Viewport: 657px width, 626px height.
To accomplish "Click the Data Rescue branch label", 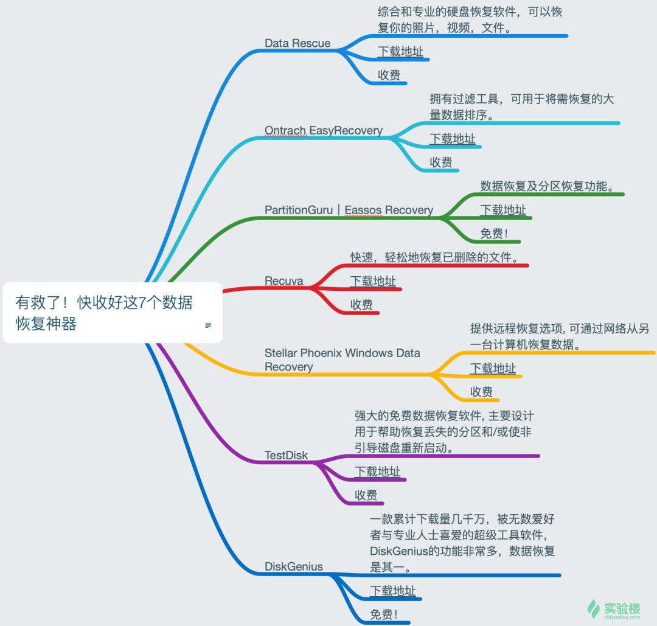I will click(297, 43).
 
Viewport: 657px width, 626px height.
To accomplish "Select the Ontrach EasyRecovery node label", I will click(323, 130).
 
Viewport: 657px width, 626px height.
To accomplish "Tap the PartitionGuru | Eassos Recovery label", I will click(349, 210).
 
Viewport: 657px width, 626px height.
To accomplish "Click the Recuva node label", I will click(283, 281).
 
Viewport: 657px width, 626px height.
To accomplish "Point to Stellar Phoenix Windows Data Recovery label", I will click(342, 360).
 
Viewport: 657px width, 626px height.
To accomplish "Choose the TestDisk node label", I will click(286, 455).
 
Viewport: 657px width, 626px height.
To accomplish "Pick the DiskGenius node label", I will click(293, 566).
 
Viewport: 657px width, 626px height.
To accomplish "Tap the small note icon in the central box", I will click(208, 325).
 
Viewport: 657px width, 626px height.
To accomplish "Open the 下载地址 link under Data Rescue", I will click(400, 52).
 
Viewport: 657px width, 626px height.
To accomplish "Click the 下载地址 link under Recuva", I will click(372, 281).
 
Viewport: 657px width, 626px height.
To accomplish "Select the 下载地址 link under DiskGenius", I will click(392, 591).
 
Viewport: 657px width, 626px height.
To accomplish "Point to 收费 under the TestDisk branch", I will click(366, 495).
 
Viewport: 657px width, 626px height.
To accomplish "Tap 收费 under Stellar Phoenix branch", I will click(481, 392).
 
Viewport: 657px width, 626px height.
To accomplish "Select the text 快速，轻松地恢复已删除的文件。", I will click(435, 257).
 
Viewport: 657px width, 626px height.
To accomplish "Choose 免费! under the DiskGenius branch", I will click(384, 614).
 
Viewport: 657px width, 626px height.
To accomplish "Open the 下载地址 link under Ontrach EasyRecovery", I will click(452, 139).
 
